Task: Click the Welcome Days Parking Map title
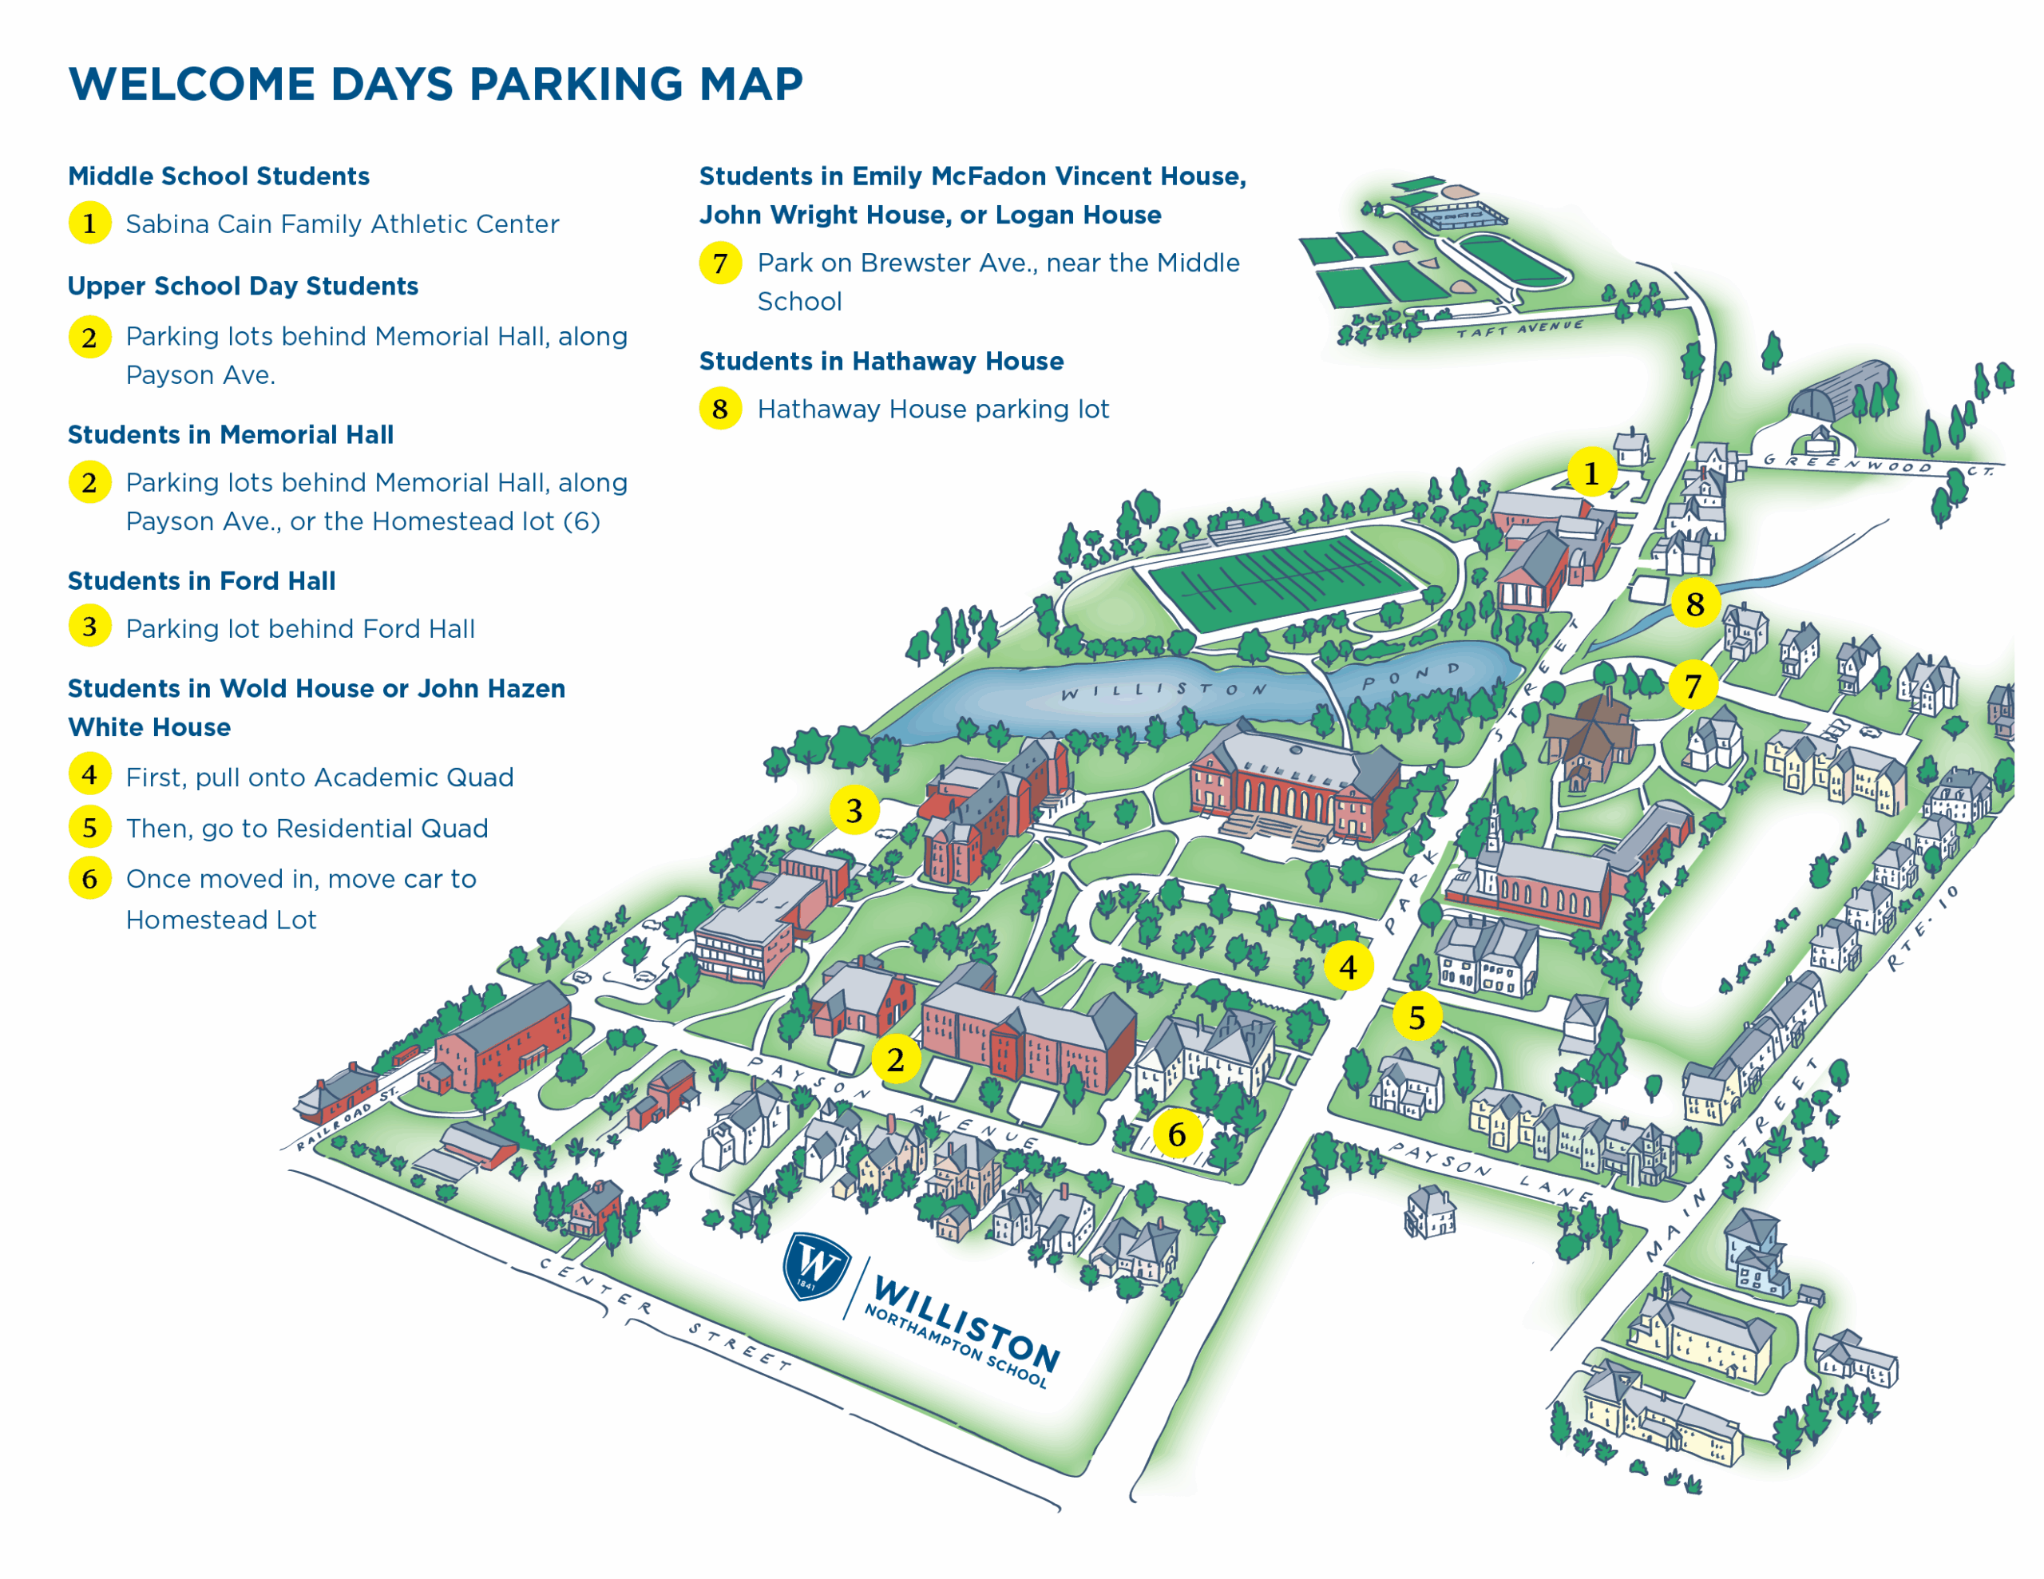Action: (435, 85)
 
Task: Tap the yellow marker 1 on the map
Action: (1590, 473)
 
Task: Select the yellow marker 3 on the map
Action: (854, 809)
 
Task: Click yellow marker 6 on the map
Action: (1176, 1134)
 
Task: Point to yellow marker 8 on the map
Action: (1694, 604)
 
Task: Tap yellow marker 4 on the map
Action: (1348, 966)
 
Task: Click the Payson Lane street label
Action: (1488, 1171)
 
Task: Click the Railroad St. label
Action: (347, 1118)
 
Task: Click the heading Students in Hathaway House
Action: (881, 362)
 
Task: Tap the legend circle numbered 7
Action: (719, 263)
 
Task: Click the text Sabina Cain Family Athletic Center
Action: (342, 224)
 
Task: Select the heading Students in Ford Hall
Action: (201, 581)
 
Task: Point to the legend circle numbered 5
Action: (90, 827)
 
